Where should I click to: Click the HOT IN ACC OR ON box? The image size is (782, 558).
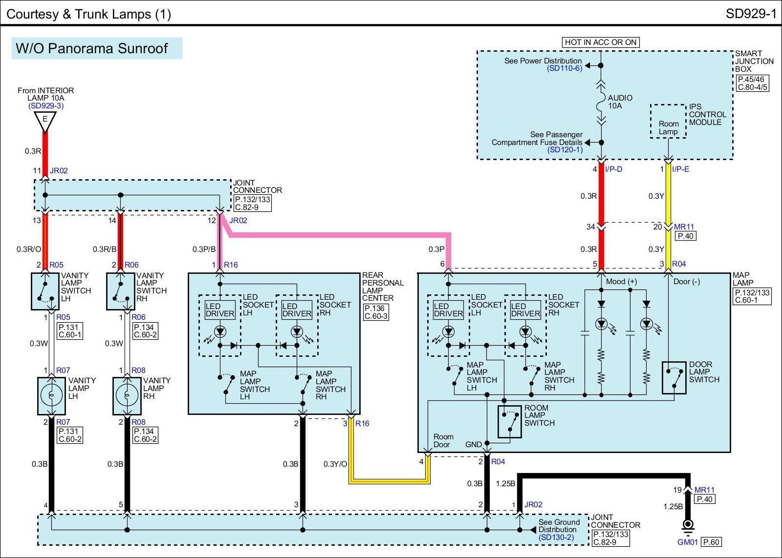click(601, 42)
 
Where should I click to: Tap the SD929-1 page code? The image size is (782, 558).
click(751, 14)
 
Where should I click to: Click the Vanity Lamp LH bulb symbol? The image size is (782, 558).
click(51, 395)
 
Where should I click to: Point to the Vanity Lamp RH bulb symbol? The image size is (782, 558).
click(127, 395)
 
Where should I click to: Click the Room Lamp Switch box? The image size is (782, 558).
click(509, 422)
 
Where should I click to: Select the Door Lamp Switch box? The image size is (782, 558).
click(674, 378)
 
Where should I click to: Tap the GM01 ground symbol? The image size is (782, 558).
click(688, 527)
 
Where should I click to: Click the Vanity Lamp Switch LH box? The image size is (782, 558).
click(45, 291)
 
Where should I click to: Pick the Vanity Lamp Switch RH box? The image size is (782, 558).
click(120, 291)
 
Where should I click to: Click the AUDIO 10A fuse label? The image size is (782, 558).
click(620, 102)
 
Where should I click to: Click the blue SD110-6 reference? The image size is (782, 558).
click(565, 68)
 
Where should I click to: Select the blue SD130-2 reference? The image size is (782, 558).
click(556, 537)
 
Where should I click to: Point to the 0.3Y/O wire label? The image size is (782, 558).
click(335, 464)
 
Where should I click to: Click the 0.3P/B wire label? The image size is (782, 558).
click(204, 249)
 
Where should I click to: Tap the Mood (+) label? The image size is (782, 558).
click(621, 282)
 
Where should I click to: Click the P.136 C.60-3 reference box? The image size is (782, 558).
click(376, 312)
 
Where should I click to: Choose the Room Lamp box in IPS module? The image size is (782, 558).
click(668, 122)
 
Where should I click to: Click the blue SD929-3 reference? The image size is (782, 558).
click(46, 105)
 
